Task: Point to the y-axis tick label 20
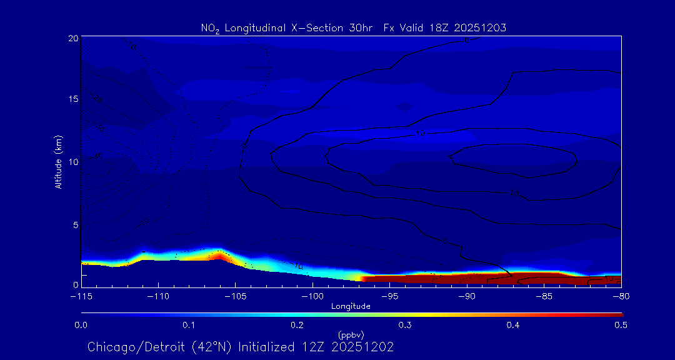tap(73, 38)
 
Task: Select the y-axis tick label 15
tap(73, 100)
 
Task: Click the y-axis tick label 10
tap(73, 162)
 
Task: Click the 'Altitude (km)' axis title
tap(59, 161)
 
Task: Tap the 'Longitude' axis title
tap(351, 306)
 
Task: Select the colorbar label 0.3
tap(405, 325)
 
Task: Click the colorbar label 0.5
tap(621, 325)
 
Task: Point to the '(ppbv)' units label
tap(351, 334)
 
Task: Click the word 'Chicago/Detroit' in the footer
tap(127, 347)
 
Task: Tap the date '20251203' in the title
tap(482, 27)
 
